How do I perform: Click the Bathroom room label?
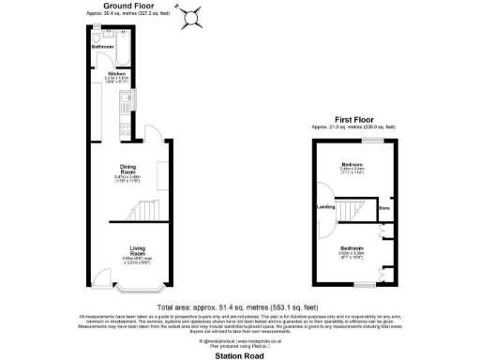coord(102,47)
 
